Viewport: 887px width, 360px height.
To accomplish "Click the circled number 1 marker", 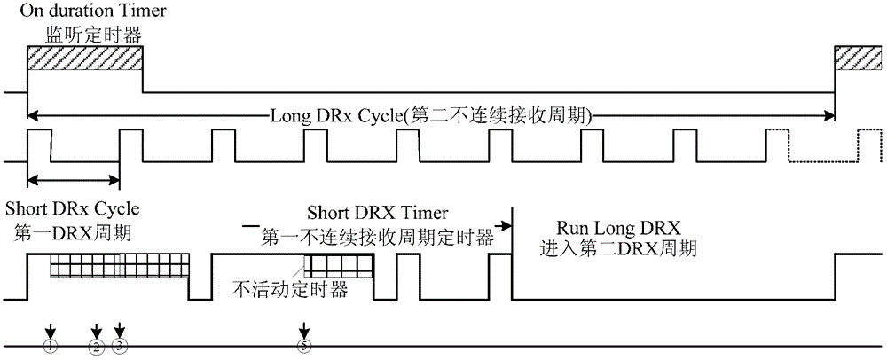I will [x=51, y=344].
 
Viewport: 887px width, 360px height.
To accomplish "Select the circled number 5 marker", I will [x=305, y=345].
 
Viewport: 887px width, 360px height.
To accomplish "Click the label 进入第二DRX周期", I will [x=618, y=249].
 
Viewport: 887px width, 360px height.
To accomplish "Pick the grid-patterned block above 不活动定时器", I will [x=338, y=266].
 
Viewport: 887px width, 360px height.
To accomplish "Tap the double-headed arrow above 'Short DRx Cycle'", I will [x=74, y=181].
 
